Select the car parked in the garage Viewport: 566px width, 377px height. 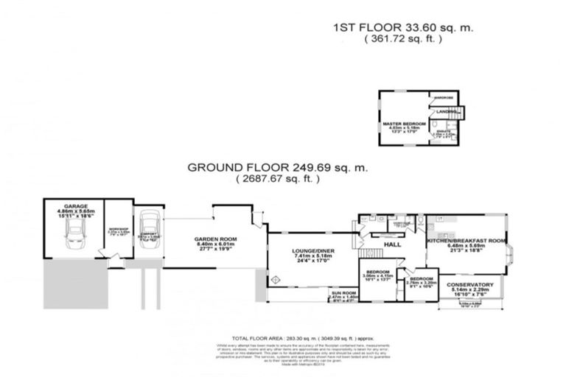click(x=75, y=235)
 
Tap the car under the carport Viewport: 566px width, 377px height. click(x=147, y=228)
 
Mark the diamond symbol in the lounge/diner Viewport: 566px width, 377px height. click(x=276, y=280)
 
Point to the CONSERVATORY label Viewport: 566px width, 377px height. click(x=469, y=284)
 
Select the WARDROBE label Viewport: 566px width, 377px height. click(x=442, y=97)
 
